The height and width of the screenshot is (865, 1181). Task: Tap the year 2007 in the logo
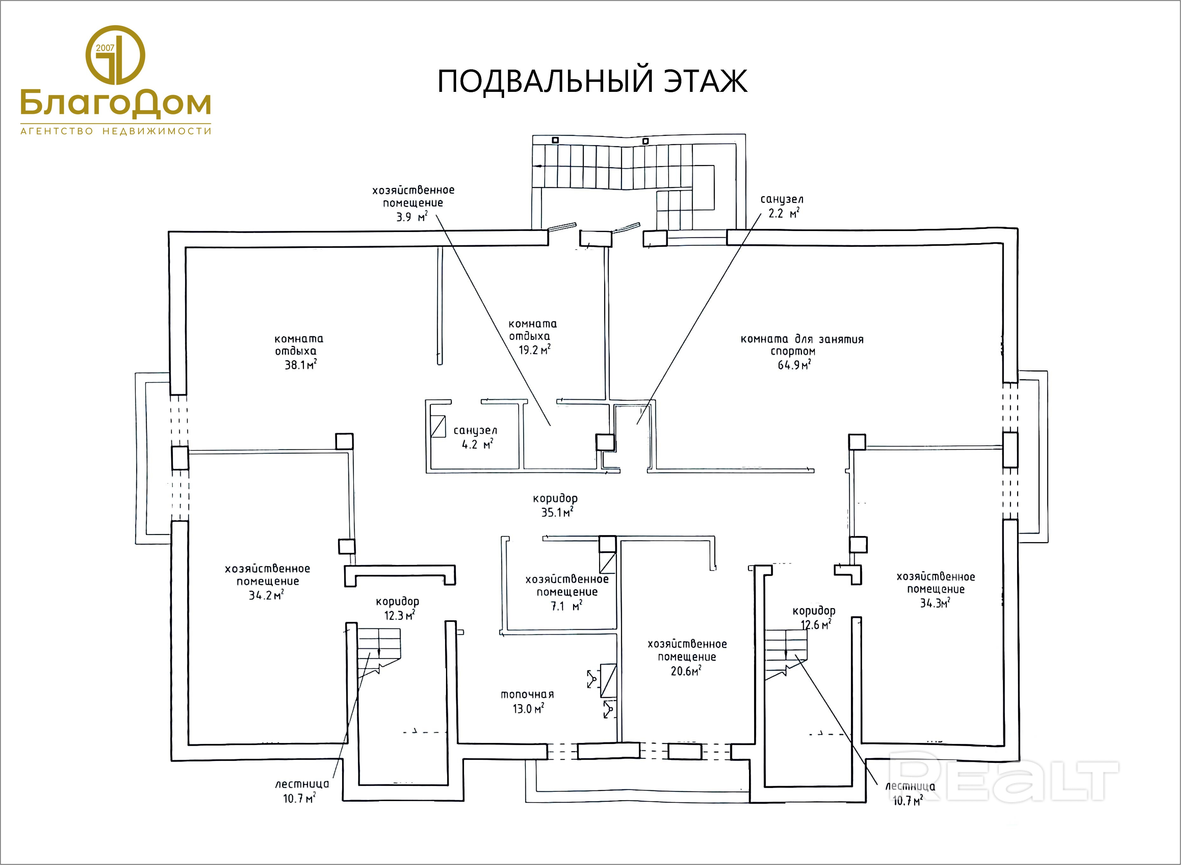click(x=105, y=48)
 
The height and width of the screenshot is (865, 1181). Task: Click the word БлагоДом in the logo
click(x=116, y=103)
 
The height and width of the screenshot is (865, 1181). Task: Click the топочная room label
click(x=527, y=694)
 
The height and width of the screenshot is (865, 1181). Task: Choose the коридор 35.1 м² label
click(x=555, y=505)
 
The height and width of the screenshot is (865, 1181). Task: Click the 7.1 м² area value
click(x=566, y=606)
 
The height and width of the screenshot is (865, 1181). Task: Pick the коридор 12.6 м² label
click(x=814, y=617)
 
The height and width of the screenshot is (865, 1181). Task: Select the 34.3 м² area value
click(x=935, y=603)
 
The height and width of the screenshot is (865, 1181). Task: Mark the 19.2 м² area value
click(x=534, y=350)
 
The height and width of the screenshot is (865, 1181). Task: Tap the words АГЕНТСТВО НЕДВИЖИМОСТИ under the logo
click(x=116, y=131)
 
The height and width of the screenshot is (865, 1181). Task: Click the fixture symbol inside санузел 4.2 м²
click(x=437, y=426)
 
